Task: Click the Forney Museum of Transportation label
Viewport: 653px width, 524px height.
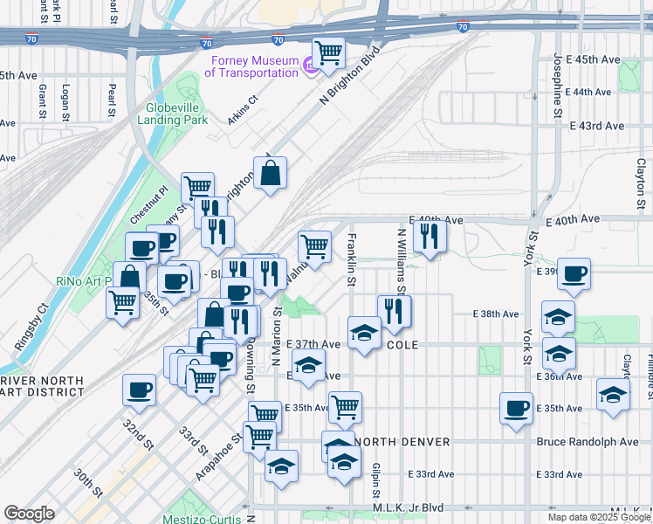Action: click(x=252, y=66)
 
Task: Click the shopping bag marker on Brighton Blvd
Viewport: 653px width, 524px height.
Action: click(x=270, y=172)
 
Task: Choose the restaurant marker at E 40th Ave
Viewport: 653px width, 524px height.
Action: click(x=429, y=235)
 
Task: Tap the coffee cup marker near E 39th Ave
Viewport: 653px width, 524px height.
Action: click(x=574, y=273)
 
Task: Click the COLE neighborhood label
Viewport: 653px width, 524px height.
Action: click(x=402, y=346)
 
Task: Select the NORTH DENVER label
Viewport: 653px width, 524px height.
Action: click(x=402, y=442)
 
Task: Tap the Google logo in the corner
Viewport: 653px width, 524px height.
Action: click(x=29, y=514)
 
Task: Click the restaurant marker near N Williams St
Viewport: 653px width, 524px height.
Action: click(x=394, y=311)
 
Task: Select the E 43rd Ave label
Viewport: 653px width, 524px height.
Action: click(x=597, y=126)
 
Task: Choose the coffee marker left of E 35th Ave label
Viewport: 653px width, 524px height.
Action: click(x=517, y=408)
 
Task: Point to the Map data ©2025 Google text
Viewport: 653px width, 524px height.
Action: click(x=599, y=517)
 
